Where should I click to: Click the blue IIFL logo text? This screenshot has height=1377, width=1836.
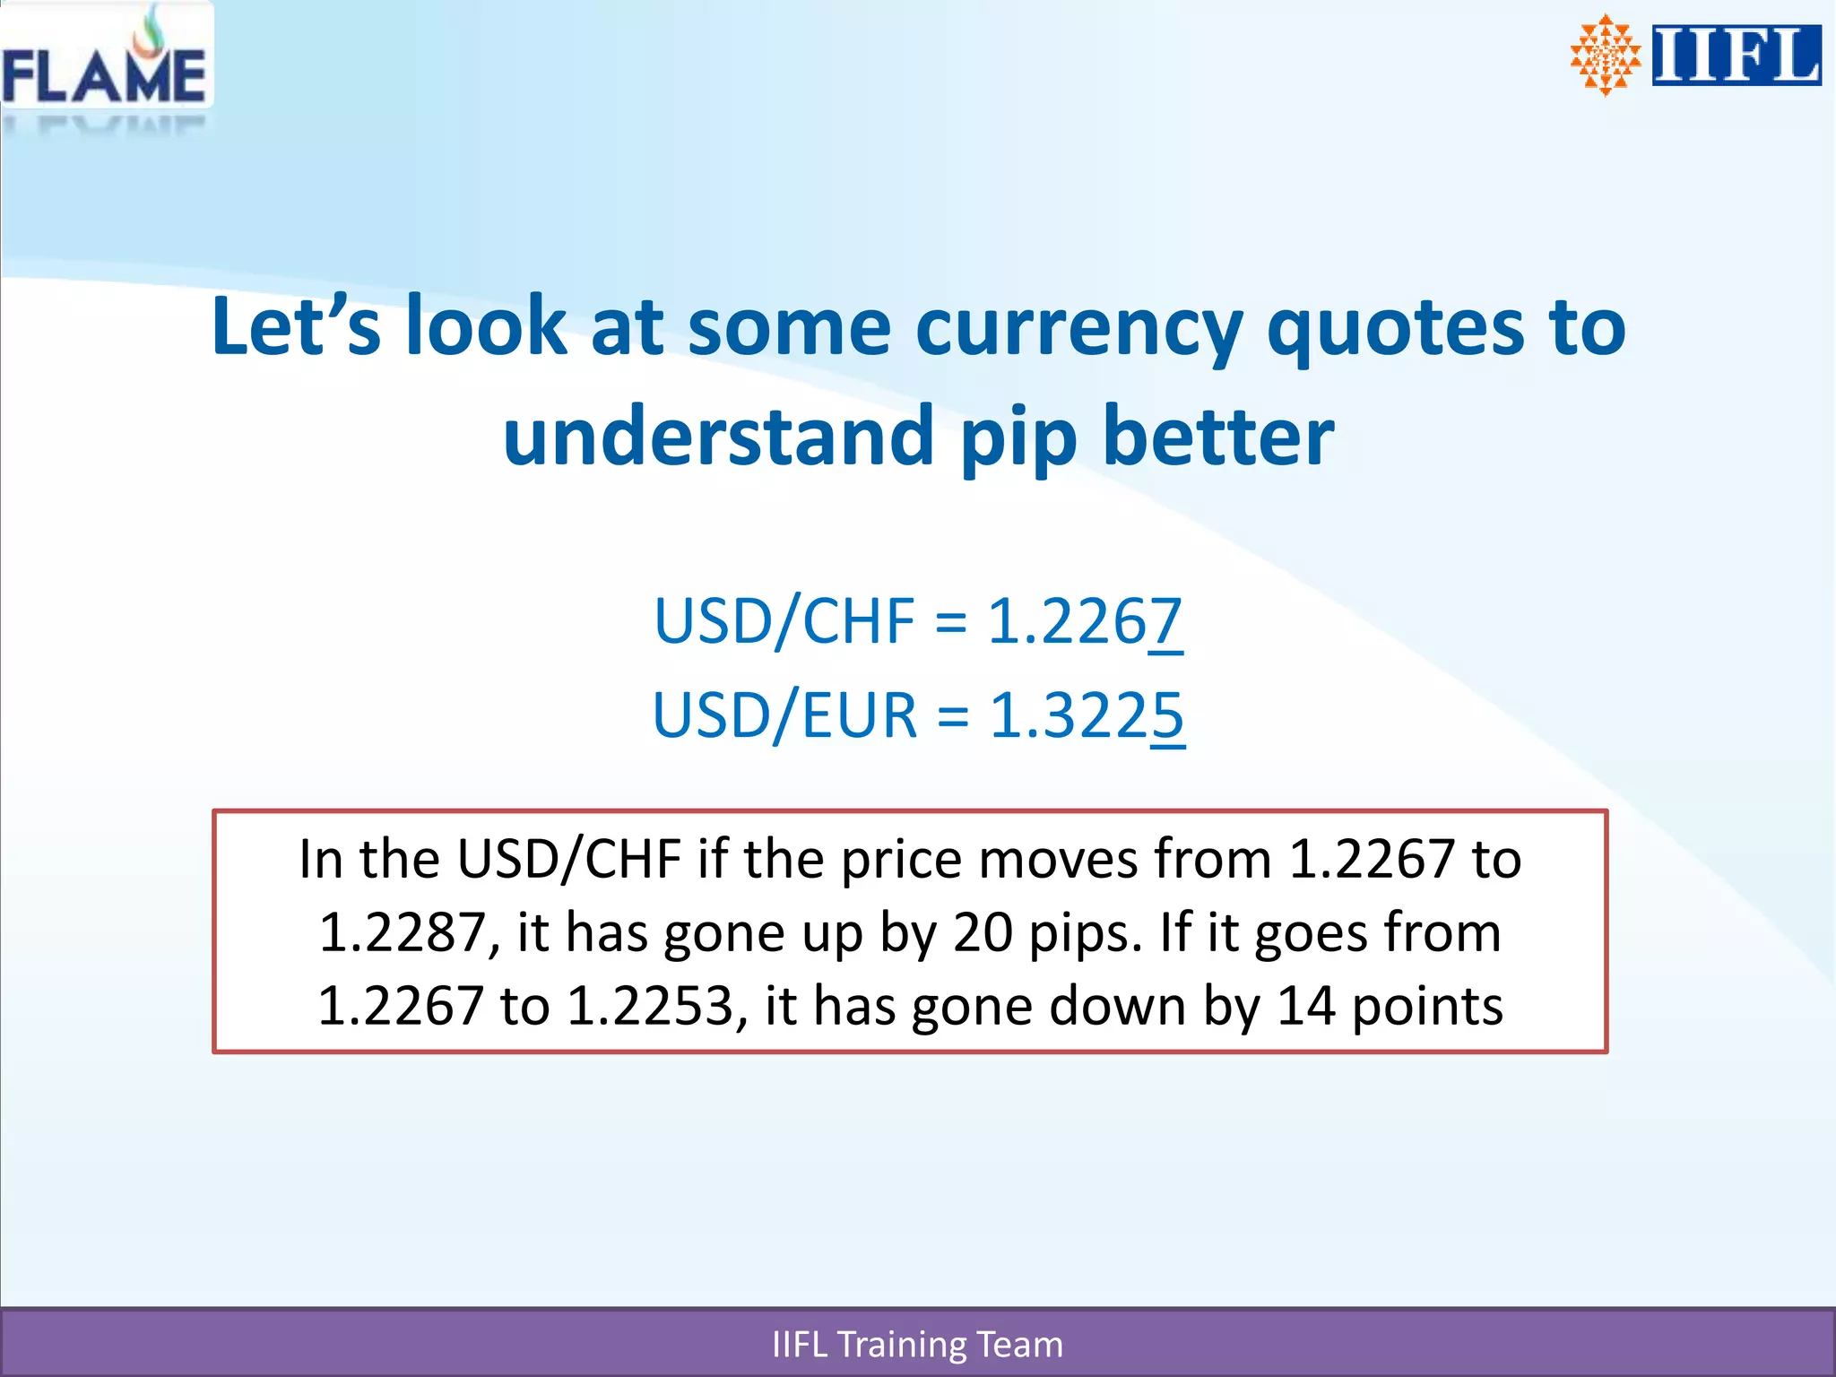tap(1736, 56)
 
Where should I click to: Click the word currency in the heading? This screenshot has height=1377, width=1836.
tap(1078, 328)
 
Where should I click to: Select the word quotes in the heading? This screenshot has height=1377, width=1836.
tap(1394, 328)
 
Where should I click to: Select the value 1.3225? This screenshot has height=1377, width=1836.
tap(1087, 715)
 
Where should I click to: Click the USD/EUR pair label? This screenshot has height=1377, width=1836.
tap(785, 715)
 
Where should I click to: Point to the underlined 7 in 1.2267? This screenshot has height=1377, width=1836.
tap(1165, 621)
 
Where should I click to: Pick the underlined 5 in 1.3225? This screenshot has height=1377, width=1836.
tap(1167, 715)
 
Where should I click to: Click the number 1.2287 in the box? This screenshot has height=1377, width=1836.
tap(403, 932)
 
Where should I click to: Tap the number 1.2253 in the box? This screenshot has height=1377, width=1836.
tap(652, 1006)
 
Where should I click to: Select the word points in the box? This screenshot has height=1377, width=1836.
tap(1426, 1006)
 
